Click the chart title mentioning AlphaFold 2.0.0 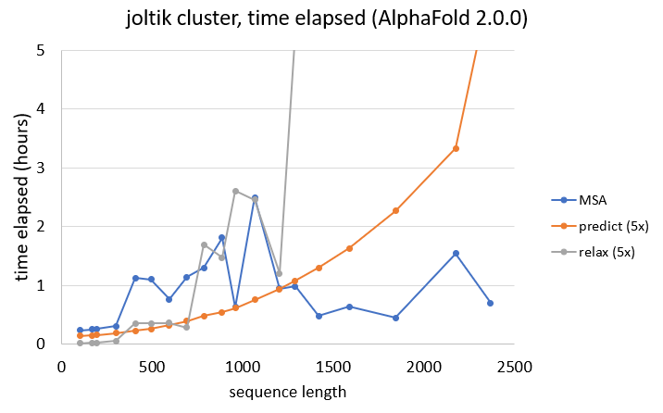point(331,19)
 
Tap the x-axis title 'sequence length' point(289,392)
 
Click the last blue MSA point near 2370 point(490,303)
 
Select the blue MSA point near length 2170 point(456,253)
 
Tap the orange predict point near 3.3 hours point(456,148)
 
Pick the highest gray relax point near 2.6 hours point(235,191)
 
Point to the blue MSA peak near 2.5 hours point(255,197)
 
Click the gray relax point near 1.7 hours point(204,244)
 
